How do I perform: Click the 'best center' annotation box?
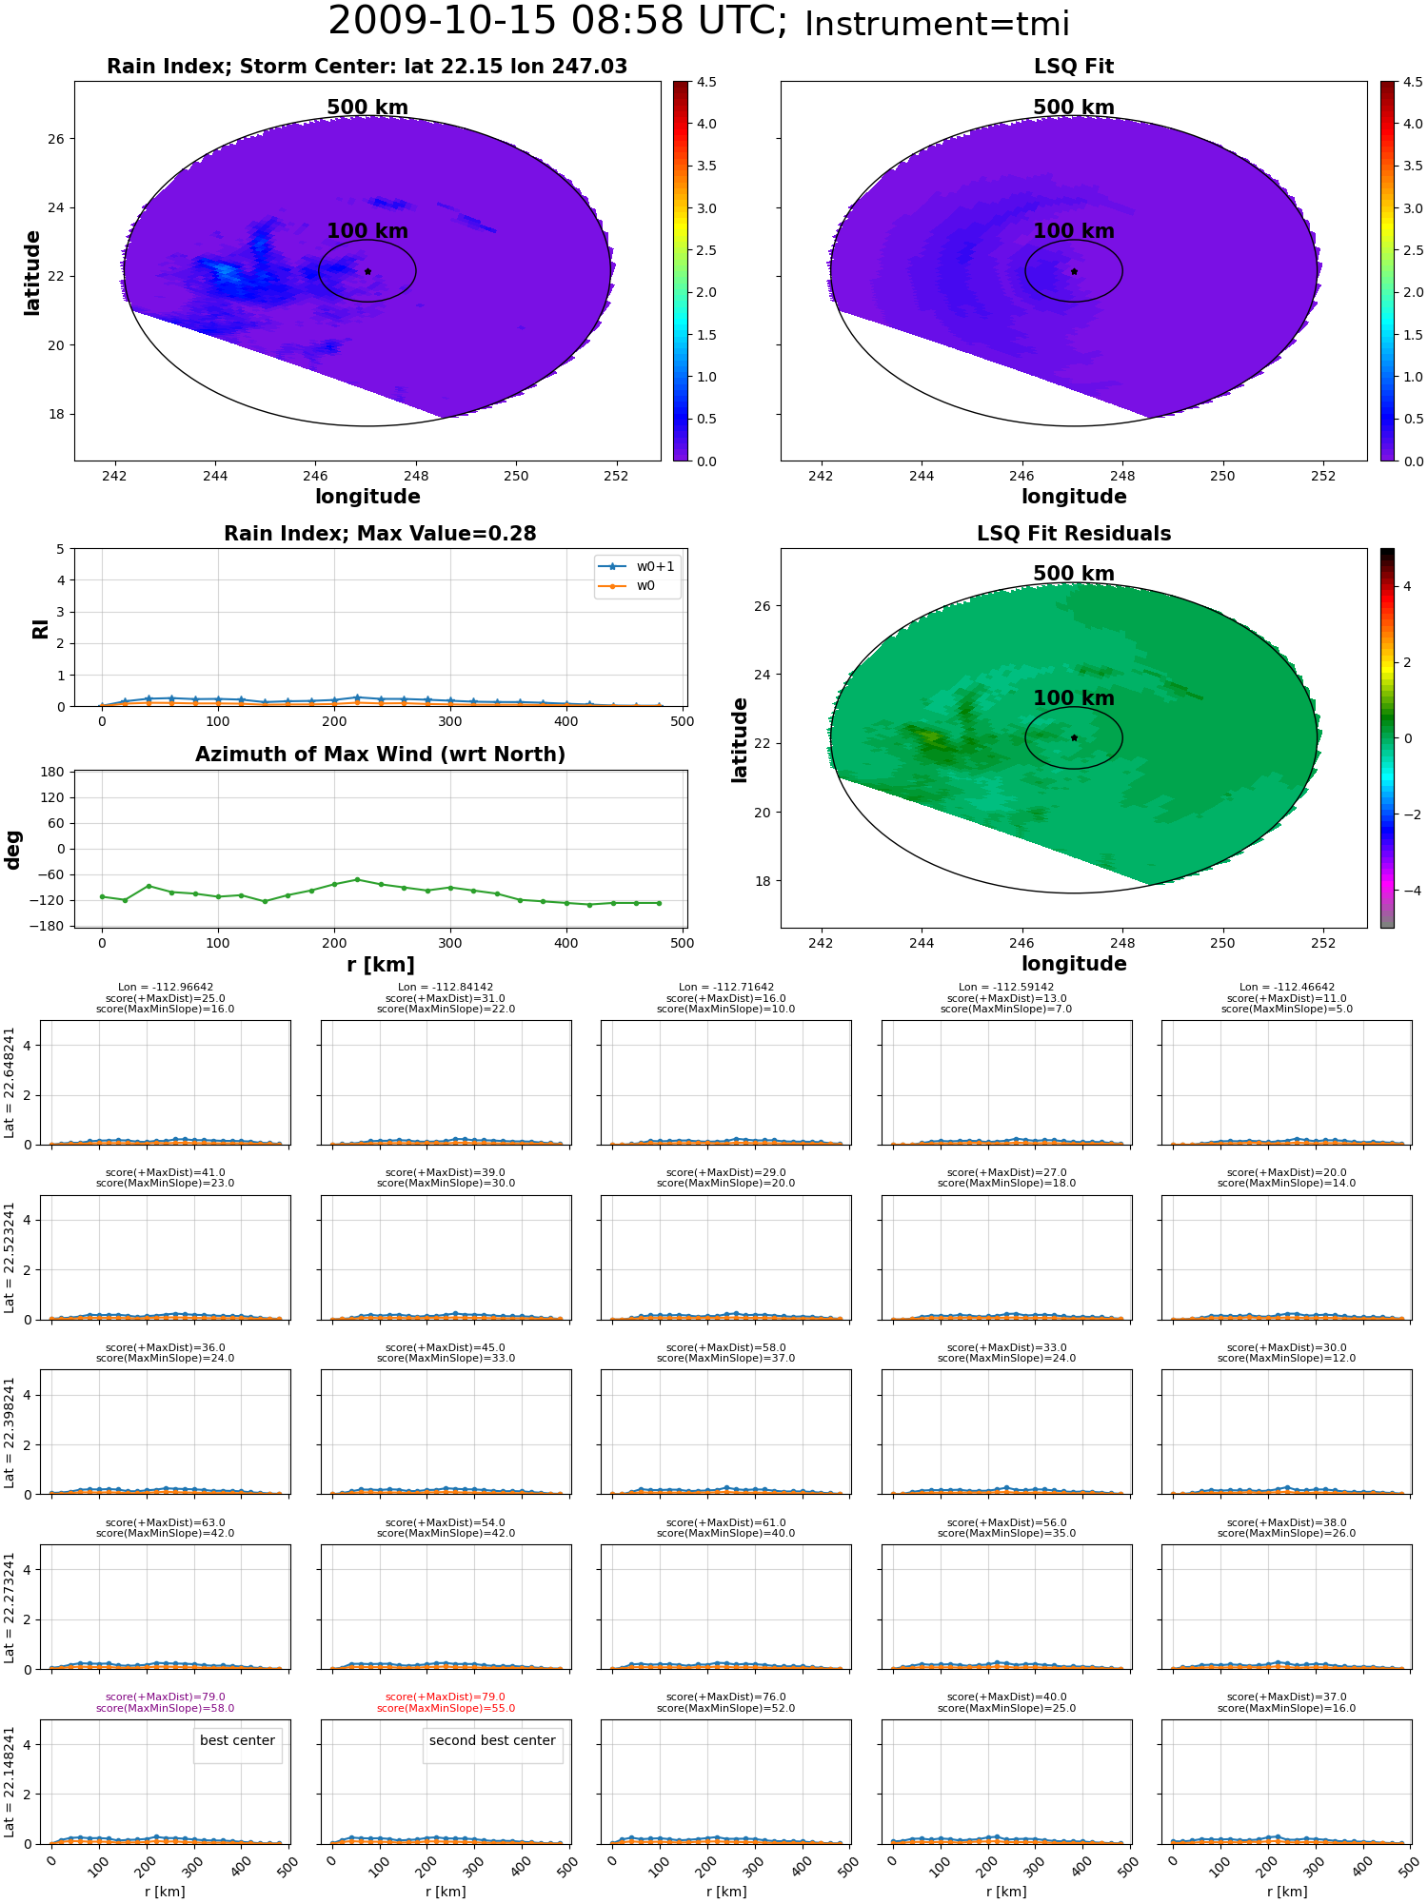tap(237, 1741)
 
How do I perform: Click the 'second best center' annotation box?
tap(492, 1741)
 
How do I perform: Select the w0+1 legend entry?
tap(637, 567)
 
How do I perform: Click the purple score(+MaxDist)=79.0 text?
tap(166, 1697)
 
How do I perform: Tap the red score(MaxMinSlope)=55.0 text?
tap(446, 1708)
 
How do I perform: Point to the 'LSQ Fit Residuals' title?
tap(1074, 534)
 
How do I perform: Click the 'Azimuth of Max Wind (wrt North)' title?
tap(380, 755)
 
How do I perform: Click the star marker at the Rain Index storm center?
tap(367, 271)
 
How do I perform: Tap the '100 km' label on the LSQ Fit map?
tap(1074, 231)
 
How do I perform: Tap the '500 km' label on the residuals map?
tap(1074, 574)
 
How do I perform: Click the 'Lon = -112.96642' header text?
tap(166, 988)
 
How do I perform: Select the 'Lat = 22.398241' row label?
tap(10, 1432)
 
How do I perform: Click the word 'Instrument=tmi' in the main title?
tap(937, 25)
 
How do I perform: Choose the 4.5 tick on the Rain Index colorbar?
tap(705, 82)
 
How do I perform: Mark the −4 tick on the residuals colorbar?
tap(1407, 891)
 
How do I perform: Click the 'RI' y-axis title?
tap(41, 628)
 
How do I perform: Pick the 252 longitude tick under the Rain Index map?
tap(616, 476)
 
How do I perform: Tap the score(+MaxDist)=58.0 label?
tap(726, 1347)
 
